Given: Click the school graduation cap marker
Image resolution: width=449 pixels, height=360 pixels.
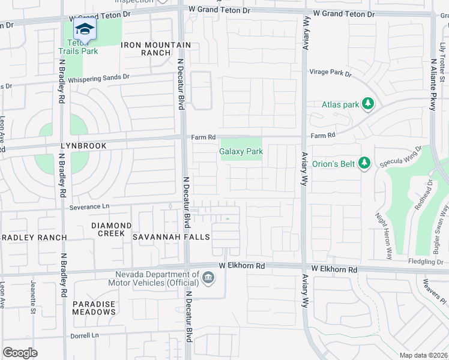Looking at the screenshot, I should click(85, 29).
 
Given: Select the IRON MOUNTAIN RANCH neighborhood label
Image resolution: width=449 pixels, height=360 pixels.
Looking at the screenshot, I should click(156, 49).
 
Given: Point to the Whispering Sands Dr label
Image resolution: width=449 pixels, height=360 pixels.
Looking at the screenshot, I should click(98, 77).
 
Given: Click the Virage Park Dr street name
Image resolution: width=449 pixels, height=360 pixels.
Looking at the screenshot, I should click(330, 73).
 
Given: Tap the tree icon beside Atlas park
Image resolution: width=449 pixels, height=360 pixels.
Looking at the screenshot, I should click(369, 104).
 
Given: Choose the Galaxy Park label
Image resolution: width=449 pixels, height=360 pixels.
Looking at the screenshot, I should click(241, 152).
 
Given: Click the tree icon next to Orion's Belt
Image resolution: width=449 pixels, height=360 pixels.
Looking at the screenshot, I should click(363, 163).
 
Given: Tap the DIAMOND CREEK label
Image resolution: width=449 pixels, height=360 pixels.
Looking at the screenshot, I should click(111, 229).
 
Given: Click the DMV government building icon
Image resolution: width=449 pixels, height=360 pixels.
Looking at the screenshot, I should click(208, 278).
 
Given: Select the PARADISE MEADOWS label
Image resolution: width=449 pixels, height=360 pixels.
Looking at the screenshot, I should click(94, 308).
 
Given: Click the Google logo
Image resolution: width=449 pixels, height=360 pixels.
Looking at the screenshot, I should click(20, 353).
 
